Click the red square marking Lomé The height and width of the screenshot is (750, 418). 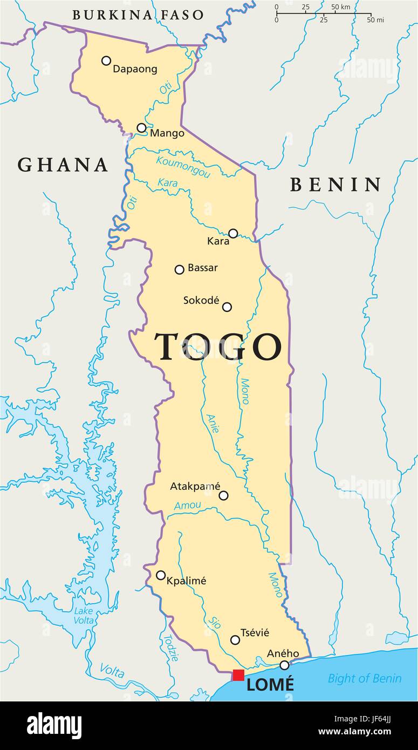pyautogui.click(x=238, y=675)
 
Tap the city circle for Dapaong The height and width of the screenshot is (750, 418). pyautogui.click(x=106, y=60)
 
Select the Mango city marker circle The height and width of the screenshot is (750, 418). pyautogui.click(x=141, y=128)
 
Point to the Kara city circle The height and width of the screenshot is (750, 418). pyautogui.click(x=233, y=233)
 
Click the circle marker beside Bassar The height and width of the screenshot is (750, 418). pyautogui.click(x=180, y=269)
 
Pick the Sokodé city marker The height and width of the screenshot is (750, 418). pyautogui.click(x=227, y=307)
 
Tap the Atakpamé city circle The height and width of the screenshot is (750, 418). pyautogui.click(x=223, y=495)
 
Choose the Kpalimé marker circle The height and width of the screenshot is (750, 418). pyautogui.click(x=161, y=575)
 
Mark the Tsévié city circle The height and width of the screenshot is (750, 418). pyautogui.click(x=235, y=640)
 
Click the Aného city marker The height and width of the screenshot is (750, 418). pyautogui.click(x=284, y=665)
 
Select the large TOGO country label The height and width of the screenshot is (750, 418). pyautogui.click(x=218, y=346)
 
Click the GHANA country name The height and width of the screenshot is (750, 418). pyautogui.click(x=63, y=165)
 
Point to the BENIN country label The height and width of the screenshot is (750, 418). pyautogui.click(x=336, y=185)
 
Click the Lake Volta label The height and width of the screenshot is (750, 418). pyautogui.click(x=84, y=616)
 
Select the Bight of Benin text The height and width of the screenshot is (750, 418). pyautogui.click(x=365, y=678)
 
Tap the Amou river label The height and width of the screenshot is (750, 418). pyautogui.click(x=188, y=506)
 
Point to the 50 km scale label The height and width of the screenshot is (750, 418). pyautogui.click(x=341, y=7)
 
